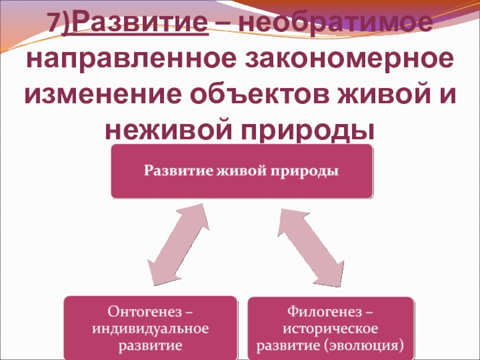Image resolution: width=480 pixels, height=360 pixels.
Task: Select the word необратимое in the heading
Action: coord(333,23)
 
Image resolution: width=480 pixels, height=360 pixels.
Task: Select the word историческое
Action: coord(330,329)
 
